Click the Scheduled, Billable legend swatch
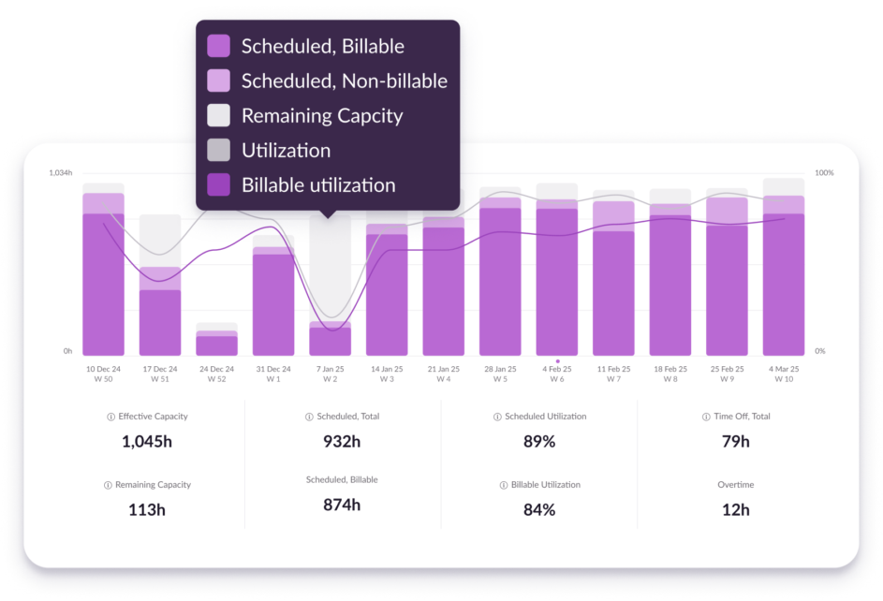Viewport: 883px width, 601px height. tap(218, 46)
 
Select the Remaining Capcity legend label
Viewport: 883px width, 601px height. tap(321, 116)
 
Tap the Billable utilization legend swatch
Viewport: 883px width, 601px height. tap(218, 185)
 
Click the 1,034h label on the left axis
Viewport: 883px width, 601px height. tap(60, 173)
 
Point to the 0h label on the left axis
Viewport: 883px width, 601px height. tap(67, 351)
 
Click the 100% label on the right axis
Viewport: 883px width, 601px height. tap(824, 173)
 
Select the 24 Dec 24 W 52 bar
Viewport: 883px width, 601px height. tap(216, 342)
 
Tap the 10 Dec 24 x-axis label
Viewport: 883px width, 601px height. tap(103, 369)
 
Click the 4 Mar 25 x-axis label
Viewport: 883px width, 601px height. tap(783, 369)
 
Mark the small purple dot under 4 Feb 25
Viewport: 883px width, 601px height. tap(557, 360)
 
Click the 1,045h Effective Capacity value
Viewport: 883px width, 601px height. tap(147, 441)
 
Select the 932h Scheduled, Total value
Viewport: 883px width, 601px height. tap(341, 441)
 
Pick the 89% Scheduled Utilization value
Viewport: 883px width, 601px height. tap(538, 441)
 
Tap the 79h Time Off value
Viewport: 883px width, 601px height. tap(735, 441)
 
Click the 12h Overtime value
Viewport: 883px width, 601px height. tap(735, 509)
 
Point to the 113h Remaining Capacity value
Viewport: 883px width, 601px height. tap(147, 510)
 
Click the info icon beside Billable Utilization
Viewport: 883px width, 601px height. tap(504, 485)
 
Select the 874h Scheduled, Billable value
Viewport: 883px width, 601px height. tap(341, 505)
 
